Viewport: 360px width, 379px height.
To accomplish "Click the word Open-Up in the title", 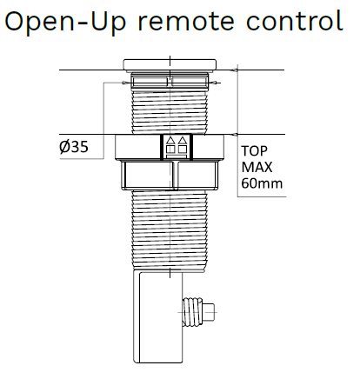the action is point(65,23).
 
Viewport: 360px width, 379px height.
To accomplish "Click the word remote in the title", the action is point(186,23).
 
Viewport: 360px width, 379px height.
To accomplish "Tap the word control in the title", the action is point(295,20).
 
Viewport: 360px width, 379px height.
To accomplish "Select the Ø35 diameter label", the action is point(74,147).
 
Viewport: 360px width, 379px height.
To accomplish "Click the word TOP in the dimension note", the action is point(254,151).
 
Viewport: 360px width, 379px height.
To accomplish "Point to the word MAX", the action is point(257,167).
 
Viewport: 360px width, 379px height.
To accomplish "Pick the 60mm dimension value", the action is point(262,183).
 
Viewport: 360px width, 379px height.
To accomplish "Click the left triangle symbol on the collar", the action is point(170,141).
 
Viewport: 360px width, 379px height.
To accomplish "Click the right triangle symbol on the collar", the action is point(182,141).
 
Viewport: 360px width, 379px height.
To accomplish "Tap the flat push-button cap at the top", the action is point(170,65).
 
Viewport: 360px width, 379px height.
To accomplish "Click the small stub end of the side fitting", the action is point(210,312).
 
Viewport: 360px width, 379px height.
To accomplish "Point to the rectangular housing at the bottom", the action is point(158,316).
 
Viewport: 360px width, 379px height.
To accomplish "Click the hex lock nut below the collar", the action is point(170,176).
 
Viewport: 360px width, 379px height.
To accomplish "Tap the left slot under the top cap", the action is point(150,82).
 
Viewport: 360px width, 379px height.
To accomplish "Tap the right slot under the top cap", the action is point(190,82).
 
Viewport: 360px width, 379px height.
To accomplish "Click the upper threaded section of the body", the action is point(170,111).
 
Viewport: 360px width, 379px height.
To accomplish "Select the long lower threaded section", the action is point(170,231).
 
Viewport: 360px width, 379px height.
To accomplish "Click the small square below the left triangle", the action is point(170,150).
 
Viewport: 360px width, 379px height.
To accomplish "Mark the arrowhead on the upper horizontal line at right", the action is point(235,70).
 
